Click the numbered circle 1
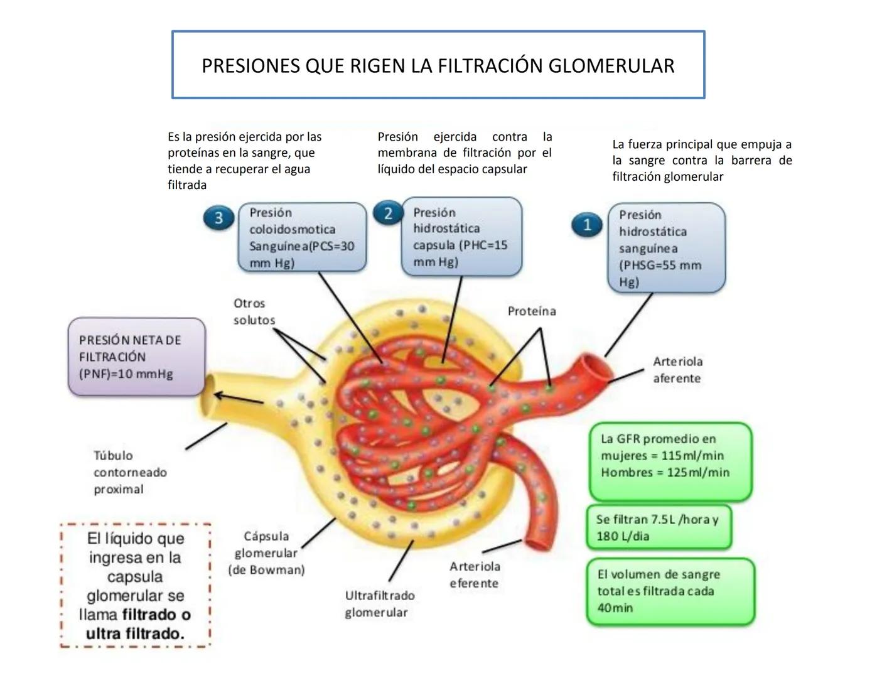pyautogui.click(x=587, y=225)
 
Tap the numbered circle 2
pyautogui.click(x=387, y=213)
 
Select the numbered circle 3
pyautogui.click(x=218, y=218)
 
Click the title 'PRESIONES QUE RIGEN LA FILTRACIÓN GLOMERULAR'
pyautogui.click(x=438, y=65)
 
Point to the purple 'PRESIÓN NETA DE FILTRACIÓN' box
pyautogui.click(x=136, y=357)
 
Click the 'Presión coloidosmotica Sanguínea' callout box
pyautogui.click(x=302, y=237)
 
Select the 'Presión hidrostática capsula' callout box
pyautogui.click(x=461, y=237)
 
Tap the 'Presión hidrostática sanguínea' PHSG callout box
pyautogui.click(x=666, y=248)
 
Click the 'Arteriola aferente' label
pyautogui.click(x=677, y=370)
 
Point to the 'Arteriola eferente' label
pyautogui.click(x=475, y=574)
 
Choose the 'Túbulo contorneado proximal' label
pyautogui.click(x=130, y=472)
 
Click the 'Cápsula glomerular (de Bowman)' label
pyautogui.click(x=266, y=553)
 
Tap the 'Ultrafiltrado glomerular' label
pyautogui.click(x=379, y=603)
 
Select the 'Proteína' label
pyautogui.click(x=532, y=311)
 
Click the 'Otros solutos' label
pyautogui.click(x=254, y=311)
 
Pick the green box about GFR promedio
pyautogui.click(x=669, y=461)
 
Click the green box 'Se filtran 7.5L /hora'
pyautogui.click(x=659, y=527)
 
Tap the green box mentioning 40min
pyautogui.click(x=669, y=591)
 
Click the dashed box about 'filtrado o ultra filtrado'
pyautogui.click(x=135, y=585)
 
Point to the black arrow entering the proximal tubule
pyautogui.click(x=239, y=398)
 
